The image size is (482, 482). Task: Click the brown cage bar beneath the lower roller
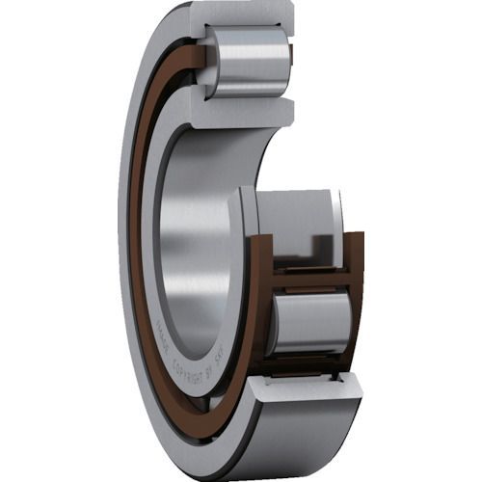click(x=308, y=361)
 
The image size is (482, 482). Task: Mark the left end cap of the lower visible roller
click(x=274, y=323)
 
